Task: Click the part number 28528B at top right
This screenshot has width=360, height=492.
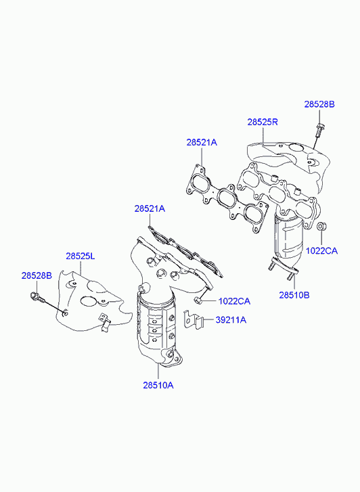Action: (x=319, y=104)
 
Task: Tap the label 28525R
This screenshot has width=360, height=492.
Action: (x=263, y=122)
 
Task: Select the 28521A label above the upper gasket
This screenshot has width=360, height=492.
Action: (x=202, y=142)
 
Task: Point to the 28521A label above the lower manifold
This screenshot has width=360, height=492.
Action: (x=150, y=208)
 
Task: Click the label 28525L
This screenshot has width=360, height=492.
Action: (x=81, y=256)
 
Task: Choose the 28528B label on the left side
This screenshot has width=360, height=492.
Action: (x=37, y=276)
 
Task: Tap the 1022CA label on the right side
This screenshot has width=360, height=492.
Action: (x=321, y=251)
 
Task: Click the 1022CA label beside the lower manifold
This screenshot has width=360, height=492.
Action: (x=234, y=302)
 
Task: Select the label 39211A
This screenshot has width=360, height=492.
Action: (x=231, y=320)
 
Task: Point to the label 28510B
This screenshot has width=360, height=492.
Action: (x=294, y=295)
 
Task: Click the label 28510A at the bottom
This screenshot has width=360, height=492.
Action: (x=158, y=385)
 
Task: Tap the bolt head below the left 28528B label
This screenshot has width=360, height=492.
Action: (x=35, y=296)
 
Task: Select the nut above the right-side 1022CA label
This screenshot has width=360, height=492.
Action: (x=321, y=226)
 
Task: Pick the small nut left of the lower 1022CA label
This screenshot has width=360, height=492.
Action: (x=198, y=300)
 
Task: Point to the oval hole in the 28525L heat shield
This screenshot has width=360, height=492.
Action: (x=88, y=301)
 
